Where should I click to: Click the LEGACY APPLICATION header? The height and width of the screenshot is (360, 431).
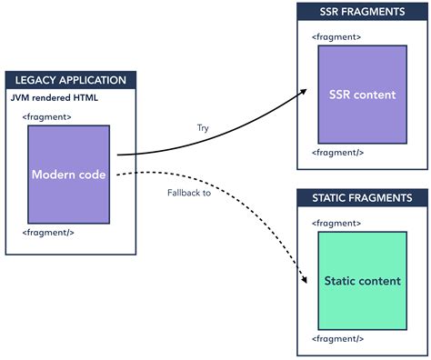(71, 80)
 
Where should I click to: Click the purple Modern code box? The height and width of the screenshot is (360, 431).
(68, 175)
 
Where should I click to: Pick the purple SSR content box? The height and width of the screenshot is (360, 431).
(361, 95)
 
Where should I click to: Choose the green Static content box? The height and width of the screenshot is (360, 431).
(361, 281)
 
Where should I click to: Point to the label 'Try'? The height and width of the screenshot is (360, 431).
(203, 128)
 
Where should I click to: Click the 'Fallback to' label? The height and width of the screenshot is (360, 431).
(189, 193)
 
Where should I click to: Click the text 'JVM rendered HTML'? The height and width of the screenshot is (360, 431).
(54, 98)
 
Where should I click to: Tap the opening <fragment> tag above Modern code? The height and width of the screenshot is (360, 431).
(47, 116)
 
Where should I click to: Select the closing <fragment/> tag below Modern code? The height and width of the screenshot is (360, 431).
(48, 234)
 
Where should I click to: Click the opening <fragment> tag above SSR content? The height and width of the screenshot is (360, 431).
(336, 36)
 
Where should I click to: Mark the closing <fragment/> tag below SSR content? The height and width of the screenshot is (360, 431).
(337, 154)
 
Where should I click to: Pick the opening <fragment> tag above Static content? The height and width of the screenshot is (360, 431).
(336, 223)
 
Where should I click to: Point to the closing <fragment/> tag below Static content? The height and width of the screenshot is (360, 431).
(337, 338)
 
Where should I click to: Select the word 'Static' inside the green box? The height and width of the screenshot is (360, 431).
(341, 281)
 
